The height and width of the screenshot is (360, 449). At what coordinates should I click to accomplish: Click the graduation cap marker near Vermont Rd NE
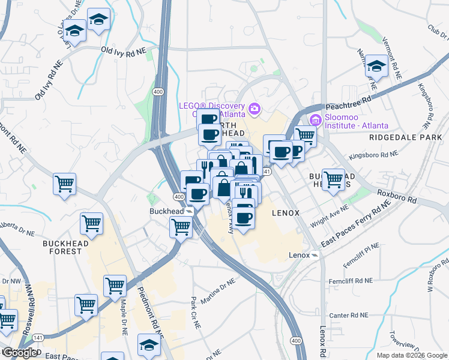377,67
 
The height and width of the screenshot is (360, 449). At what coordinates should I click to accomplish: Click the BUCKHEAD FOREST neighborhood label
66,247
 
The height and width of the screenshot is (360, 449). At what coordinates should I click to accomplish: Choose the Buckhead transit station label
166,211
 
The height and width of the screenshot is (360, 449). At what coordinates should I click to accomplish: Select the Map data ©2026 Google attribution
411,355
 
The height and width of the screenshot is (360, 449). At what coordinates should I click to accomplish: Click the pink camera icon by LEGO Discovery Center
255,109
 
